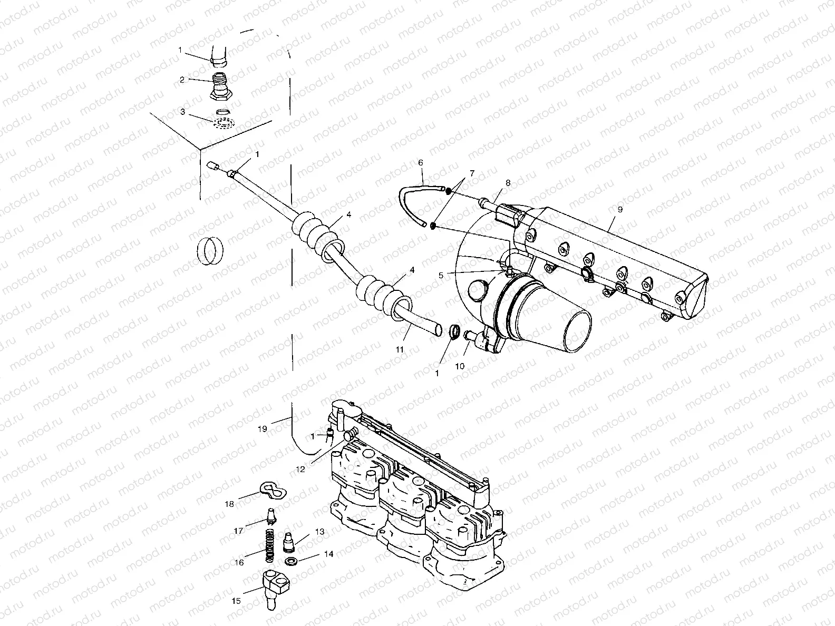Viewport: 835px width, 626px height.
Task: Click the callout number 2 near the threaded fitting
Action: tap(182, 80)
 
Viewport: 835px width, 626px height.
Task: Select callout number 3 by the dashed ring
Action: tap(182, 112)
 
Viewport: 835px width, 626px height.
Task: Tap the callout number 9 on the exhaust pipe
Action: tap(620, 209)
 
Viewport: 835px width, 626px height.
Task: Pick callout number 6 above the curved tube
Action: tap(421, 163)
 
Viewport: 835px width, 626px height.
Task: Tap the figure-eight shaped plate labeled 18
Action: tap(273, 491)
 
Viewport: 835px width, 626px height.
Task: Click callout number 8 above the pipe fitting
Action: tap(508, 183)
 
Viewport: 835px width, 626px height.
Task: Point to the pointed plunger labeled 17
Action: tap(271, 516)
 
